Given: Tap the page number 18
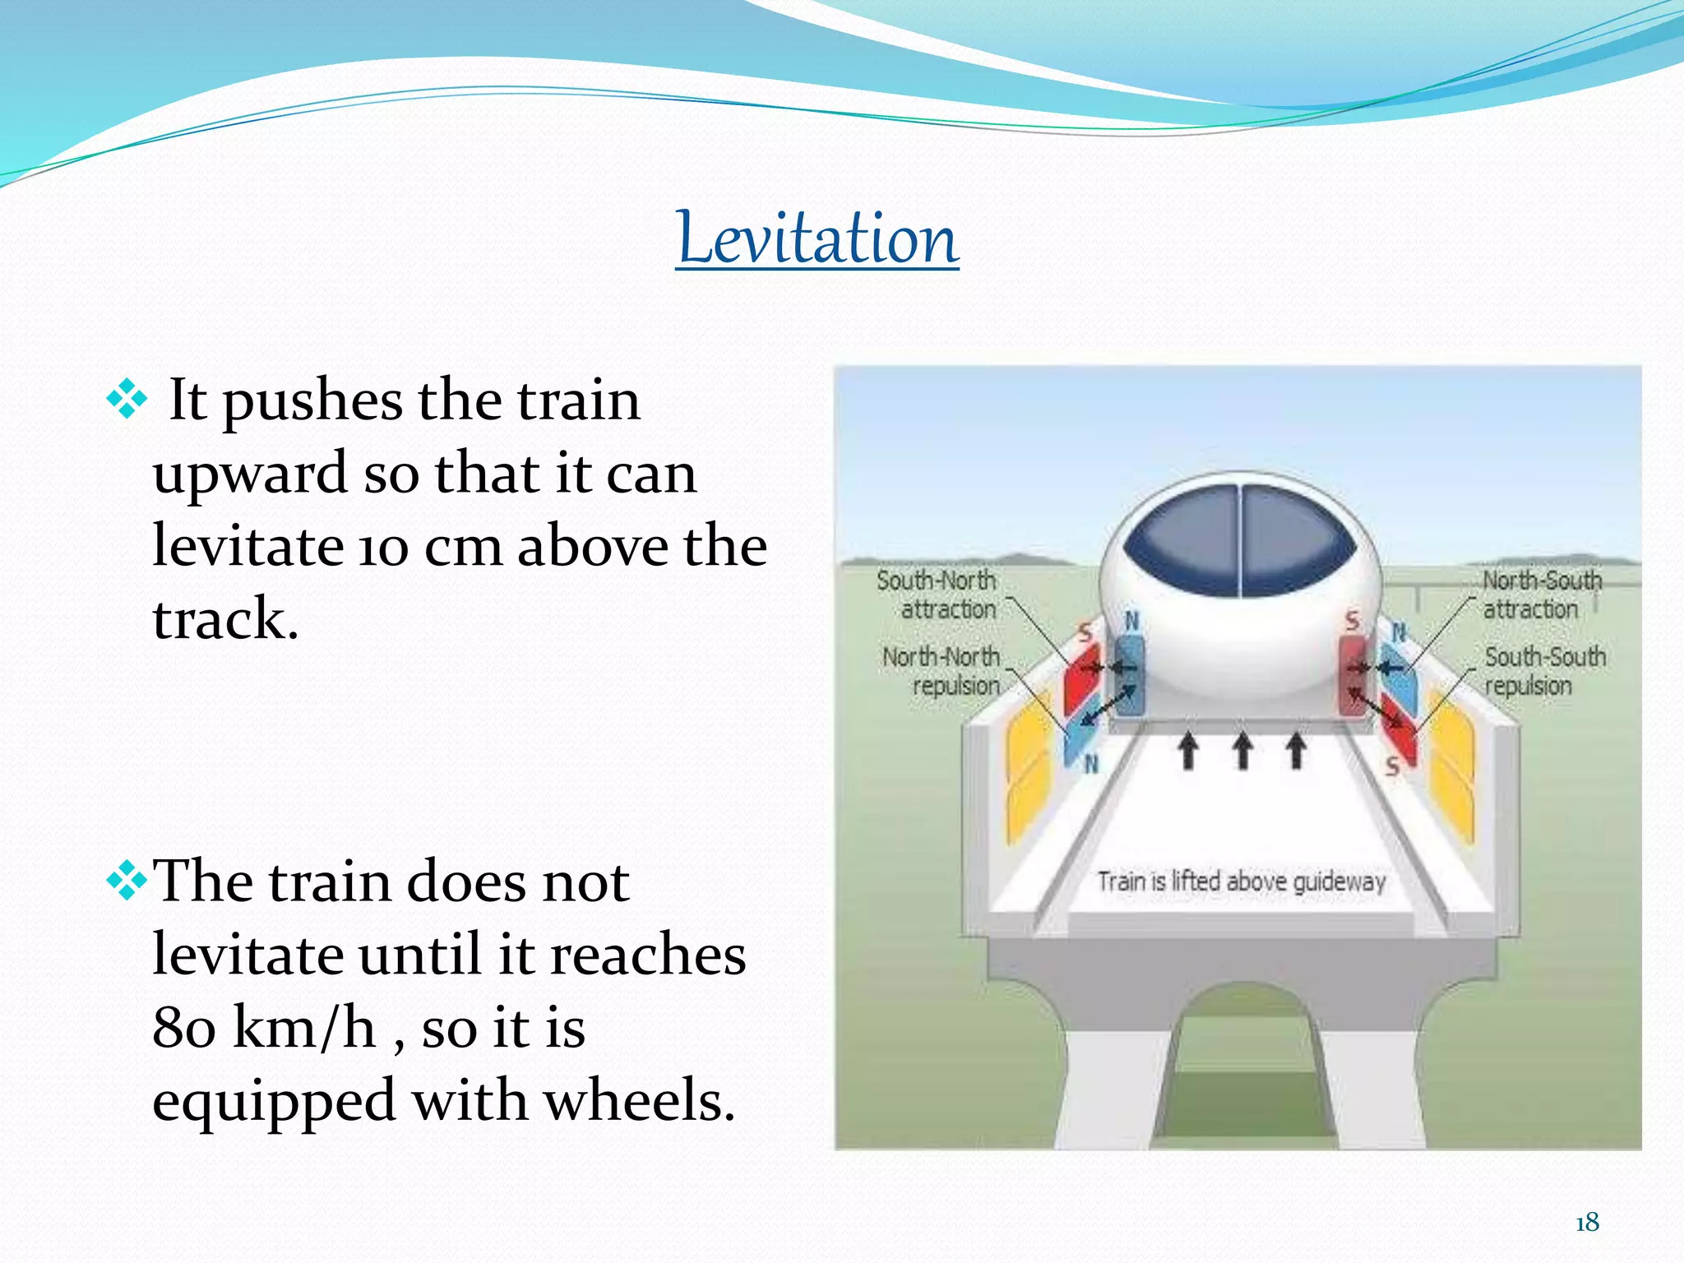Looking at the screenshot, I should tap(1587, 1223).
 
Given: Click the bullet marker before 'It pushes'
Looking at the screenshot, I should tap(127, 400).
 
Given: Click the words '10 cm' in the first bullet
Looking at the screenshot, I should tap(431, 547).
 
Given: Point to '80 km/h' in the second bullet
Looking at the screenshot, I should tap(264, 1028).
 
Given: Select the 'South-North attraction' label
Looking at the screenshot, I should tap(937, 594).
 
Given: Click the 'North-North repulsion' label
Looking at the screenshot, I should tap(942, 671).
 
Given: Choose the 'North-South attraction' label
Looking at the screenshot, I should tap(1541, 594).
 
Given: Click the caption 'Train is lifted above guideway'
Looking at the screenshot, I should tap(1241, 881).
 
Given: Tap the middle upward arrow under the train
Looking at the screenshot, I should tap(1242, 751).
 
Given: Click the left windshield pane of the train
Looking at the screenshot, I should tap(1184, 539).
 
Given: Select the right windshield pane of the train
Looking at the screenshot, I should tap(1295, 539).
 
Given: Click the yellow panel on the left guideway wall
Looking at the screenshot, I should tap(1028, 765).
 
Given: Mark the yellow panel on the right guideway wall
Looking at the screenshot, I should tap(1452, 765).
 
